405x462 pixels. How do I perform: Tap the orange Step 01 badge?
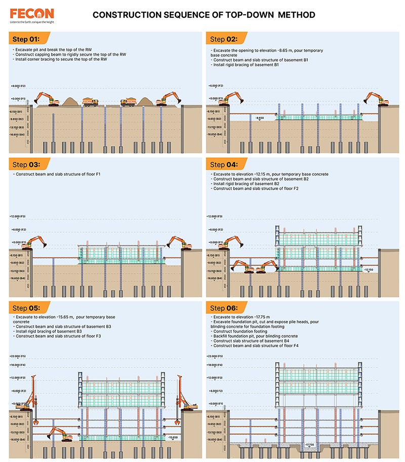pyautogui.click(x=27, y=38)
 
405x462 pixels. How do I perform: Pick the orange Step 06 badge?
pyautogui.click(x=224, y=308)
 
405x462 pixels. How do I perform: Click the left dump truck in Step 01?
pyautogui.click(x=91, y=102)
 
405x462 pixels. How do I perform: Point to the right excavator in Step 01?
pyautogui.click(x=168, y=99)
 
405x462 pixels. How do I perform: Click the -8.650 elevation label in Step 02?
pyautogui.click(x=260, y=117)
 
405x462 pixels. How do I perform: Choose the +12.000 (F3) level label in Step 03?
pyautogui.click(x=18, y=216)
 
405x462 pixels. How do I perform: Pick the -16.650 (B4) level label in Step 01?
pyautogui.click(x=18, y=135)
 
